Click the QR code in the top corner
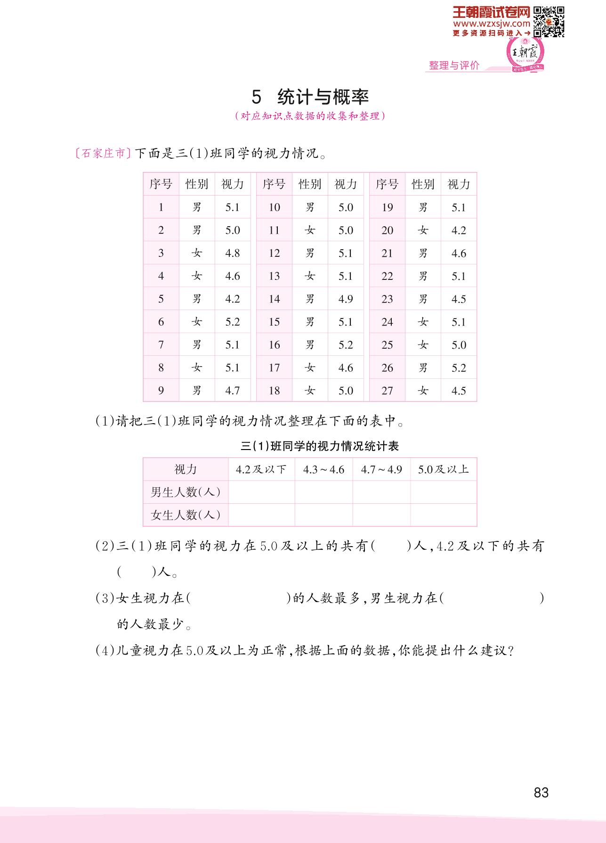(x=549, y=21)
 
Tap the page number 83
(x=541, y=793)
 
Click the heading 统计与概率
(x=323, y=97)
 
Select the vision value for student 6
(x=233, y=322)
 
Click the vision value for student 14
(x=346, y=299)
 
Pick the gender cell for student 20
(x=423, y=230)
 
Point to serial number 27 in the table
(x=387, y=391)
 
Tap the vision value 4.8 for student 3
(x=233, y=254)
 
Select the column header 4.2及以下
(x=261, y=469)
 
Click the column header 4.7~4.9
(x=381, y=469)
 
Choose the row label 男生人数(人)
(x=186, y=492)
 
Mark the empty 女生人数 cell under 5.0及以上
(x=443, y=515)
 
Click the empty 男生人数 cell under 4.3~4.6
(x=323, y=492)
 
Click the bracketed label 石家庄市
(x=103, y=154)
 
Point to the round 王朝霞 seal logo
(x=525, y=53)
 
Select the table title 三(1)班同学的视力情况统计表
(x=320, y=446)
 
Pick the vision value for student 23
(x=459, y=299)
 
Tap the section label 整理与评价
(x=454, y=65)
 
